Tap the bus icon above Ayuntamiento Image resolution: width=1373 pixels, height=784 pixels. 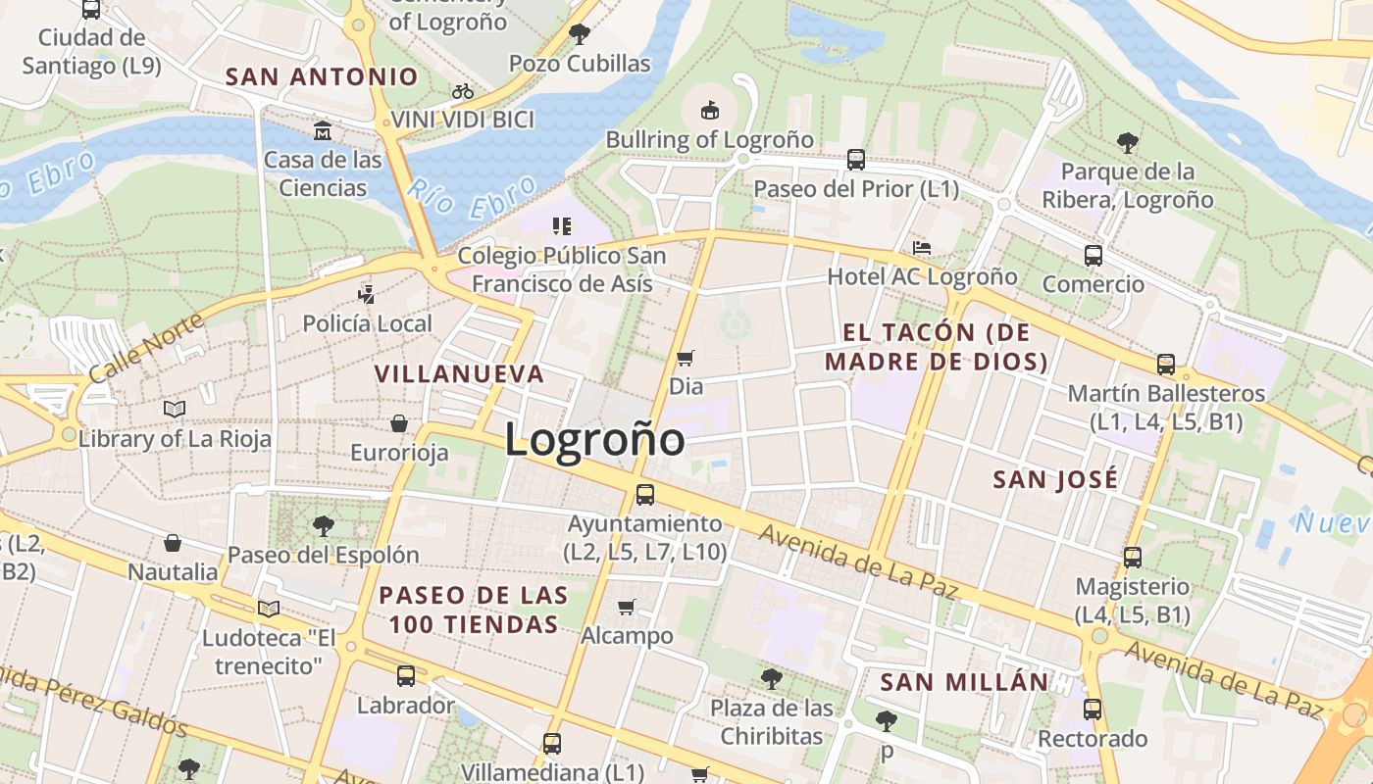click(x=644, y=495)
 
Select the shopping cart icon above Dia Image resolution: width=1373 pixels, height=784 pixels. click(x=686, y=359)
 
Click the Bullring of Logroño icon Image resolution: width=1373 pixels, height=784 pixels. click(x=709, y=110)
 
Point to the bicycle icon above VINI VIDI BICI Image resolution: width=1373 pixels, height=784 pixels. click(x=463, y=92)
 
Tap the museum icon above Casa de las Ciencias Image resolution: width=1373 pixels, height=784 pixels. click(x=323, y=130)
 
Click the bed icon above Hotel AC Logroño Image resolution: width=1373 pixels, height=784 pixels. click(x=921, y=247)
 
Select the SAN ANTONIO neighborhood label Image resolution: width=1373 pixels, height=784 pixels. click(x=322, y=76)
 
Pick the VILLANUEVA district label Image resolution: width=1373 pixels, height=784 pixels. click(x=459, y=373)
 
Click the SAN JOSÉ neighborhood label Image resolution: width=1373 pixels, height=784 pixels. click(x=1055, y=479)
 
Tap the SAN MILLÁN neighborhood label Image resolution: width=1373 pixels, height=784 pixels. click(x=964, y=682)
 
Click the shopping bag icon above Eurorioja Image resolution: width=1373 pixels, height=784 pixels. click(x=399, y=423)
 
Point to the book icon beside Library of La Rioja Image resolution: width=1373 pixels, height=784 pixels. click(x=175, y=409)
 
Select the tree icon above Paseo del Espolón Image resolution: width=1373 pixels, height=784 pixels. click(x=323, y=526)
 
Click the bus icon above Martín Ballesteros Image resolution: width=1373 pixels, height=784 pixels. click(x=1166, y=365)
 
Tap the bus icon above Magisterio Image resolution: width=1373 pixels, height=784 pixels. click(x=1133, y=558)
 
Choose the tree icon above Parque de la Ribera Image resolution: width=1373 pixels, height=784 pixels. click(x=1128, y=143)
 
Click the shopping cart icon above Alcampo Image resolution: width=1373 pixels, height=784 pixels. click(x=627, y=608)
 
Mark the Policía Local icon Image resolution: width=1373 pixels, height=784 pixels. click(x=367, y=293)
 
